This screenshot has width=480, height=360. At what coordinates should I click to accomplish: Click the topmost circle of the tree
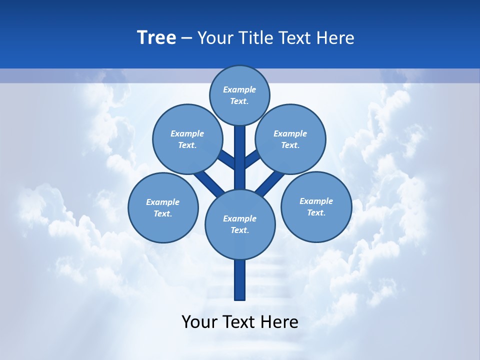(x=239, y=95)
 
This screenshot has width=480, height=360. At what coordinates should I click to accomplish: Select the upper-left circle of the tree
(x=187, y=139)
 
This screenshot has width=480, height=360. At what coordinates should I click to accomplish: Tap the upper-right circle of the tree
(x=290, y=139)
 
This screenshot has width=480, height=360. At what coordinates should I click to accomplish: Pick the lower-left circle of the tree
(x=163, y=207)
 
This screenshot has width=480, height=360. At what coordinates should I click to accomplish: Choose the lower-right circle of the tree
(x=316, y=206)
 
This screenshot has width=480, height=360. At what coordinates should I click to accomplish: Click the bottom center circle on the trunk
(x=240, y=224)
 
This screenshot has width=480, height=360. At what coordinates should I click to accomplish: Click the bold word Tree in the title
(x=156, y=37)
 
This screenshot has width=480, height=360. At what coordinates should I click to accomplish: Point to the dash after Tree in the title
(x=186, y=38)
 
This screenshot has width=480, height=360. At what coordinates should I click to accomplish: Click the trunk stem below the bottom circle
(x=240, y=280)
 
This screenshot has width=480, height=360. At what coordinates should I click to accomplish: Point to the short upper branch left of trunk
(x=228, y=159)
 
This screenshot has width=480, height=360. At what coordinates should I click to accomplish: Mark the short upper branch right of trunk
(x=252, y=159)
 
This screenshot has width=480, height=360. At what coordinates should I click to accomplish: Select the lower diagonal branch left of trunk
(x=209, y=183)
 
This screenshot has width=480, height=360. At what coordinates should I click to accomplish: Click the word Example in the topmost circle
(x=239, y=89)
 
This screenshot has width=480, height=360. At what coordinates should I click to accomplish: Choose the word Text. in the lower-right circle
(x=316, y=212)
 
